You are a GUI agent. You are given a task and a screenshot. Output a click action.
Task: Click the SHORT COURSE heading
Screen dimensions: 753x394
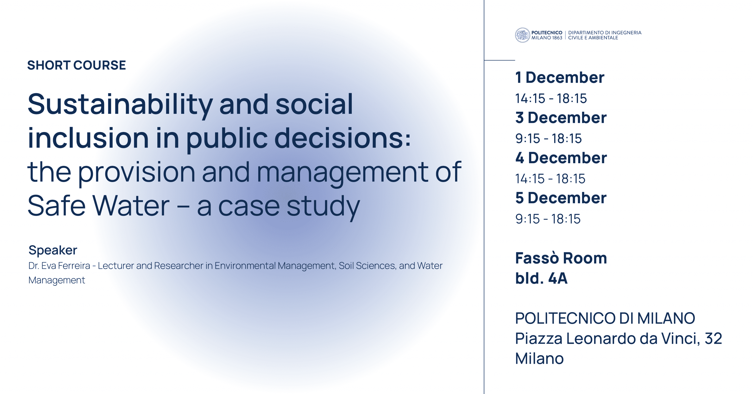click(x=76, y=65)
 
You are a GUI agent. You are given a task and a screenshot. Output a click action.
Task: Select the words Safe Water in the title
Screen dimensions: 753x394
click(x=99, y=206)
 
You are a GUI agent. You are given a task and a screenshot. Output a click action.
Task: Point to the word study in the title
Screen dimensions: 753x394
click(x=323, y=207)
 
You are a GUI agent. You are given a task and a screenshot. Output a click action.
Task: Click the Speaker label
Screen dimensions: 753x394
click(x=53, y=250)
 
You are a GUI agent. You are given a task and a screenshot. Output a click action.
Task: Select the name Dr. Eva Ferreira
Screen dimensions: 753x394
click(x=59, y=266)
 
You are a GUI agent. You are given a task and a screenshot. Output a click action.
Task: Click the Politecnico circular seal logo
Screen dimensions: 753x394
click(x=522, y=35)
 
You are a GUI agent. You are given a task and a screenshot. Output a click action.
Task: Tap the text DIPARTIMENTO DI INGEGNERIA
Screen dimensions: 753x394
click(x=605, y=33)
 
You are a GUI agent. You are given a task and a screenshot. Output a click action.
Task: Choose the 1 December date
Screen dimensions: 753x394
click(x=560, y=78)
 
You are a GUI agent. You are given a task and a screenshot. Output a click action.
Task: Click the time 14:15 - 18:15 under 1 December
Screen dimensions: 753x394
click(x=551, y=98)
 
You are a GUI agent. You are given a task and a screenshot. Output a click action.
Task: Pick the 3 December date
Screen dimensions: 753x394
click(x=561, y=118)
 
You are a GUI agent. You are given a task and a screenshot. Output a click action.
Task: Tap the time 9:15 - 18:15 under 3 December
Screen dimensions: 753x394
click(x=549, y=138)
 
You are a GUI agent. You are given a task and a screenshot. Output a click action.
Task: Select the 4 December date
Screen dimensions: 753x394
click(x=561, y=158)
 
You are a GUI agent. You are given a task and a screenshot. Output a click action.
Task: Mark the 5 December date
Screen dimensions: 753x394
click(x=561, y=198)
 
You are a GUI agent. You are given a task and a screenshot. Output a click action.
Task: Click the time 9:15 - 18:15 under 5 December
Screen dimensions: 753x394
click(x=548, y=219)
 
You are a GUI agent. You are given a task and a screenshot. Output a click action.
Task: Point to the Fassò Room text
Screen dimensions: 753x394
click(x=561, y=258)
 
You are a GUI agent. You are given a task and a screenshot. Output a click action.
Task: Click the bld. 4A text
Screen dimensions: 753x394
click(x=541, y=278)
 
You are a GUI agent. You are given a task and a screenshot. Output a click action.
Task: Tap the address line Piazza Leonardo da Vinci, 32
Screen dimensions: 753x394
click(x=619, y=339)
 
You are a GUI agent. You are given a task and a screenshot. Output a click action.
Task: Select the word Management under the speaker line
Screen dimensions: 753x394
click(x=57, y=281)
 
